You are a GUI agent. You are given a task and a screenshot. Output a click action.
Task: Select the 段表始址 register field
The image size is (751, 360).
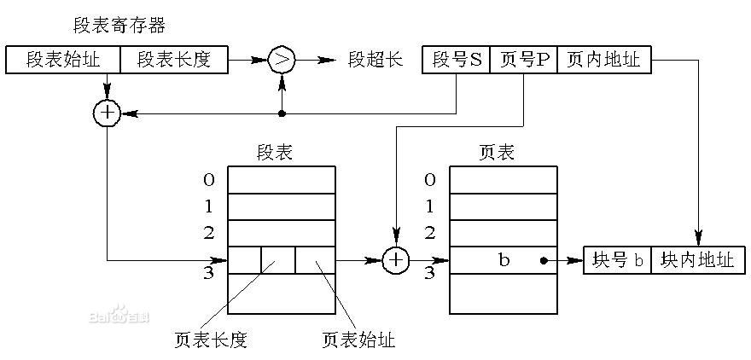pyautogui.click(x=62, y=61)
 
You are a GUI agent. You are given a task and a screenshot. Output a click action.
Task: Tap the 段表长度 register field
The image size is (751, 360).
pyautogui.click(x=173, y=61)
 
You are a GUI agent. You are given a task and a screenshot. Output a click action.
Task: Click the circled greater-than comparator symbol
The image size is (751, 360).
pyautogui.click(x=282, y=61)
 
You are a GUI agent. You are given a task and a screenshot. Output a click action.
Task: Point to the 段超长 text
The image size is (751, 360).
pyautogui.click(x=374, y=61)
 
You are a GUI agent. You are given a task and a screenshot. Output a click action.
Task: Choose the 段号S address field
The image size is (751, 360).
pyautogui.click(x=457, y=61)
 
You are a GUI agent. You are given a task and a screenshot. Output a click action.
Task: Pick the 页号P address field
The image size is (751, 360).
pyautogui.click(x=523, y=61)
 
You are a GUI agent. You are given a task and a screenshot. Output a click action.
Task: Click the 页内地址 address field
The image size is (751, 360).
pyautogui.click(x=603, y=61)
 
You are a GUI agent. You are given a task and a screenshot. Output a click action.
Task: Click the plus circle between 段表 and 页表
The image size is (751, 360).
pyautogui.click(x=395, y=260)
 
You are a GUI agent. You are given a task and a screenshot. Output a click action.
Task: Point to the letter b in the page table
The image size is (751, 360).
pyautogui.click(x=504, y=260)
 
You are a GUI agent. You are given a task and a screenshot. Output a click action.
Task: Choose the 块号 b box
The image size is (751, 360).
pyautogui.click(x=617, y=260)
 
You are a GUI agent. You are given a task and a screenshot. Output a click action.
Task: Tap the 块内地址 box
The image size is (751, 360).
pyautogui.click(x=698, y=260)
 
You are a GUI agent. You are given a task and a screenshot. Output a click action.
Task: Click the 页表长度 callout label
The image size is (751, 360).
pyautogui.click(x=210, y=339)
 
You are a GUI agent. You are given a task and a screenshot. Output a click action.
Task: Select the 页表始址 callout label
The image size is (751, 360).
pyautogui.click(x=358, y=339)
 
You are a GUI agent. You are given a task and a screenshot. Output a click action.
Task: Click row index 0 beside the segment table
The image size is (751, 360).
pyautogui.click(x=209, y=179)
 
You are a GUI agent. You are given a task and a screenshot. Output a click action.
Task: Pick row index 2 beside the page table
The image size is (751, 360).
pyautogui.click(x=430, y=232)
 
